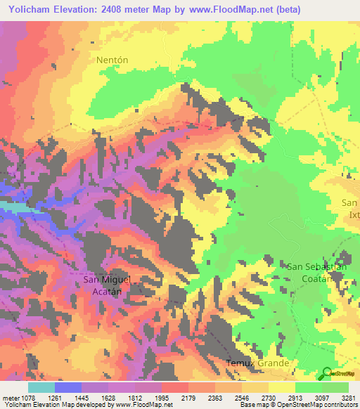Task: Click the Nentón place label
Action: [112, 60]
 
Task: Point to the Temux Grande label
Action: [257, 363]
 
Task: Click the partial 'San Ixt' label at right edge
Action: [349, 208]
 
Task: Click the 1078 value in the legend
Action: [28, 398]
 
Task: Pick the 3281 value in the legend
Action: [348, 398]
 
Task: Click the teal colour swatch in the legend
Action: [41, 387]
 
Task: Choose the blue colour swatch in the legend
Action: [68, 387]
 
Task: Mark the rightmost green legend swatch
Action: [335, 387]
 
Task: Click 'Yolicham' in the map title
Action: [26, 9]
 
